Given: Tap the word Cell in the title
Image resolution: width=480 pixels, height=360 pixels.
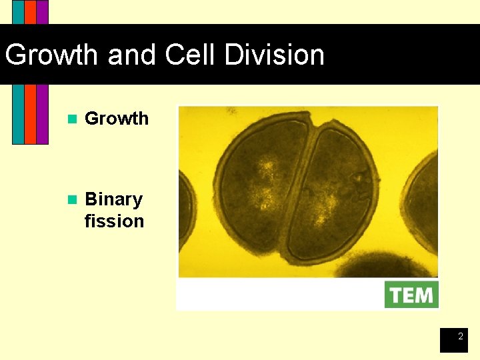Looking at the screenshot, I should [191, 55].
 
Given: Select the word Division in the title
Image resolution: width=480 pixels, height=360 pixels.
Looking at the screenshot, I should [275, 55].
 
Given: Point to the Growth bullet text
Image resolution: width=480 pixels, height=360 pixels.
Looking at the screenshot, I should [117, 119].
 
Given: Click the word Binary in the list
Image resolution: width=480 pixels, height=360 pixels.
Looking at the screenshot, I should [113, 199].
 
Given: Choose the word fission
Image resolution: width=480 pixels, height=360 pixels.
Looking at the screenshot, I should [114, 221].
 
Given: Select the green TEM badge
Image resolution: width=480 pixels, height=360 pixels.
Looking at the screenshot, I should [411, 295].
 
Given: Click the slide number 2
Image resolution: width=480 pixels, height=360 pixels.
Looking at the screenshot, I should [460, 337].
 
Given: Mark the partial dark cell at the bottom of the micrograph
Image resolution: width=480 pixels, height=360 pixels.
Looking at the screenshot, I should [387, 267].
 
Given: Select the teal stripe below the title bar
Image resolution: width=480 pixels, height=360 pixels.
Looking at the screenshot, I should [18, 113].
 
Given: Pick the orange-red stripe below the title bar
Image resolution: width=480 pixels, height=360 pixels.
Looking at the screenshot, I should [30, 113].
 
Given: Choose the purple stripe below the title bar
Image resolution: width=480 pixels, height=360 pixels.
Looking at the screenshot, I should [42, 113].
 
